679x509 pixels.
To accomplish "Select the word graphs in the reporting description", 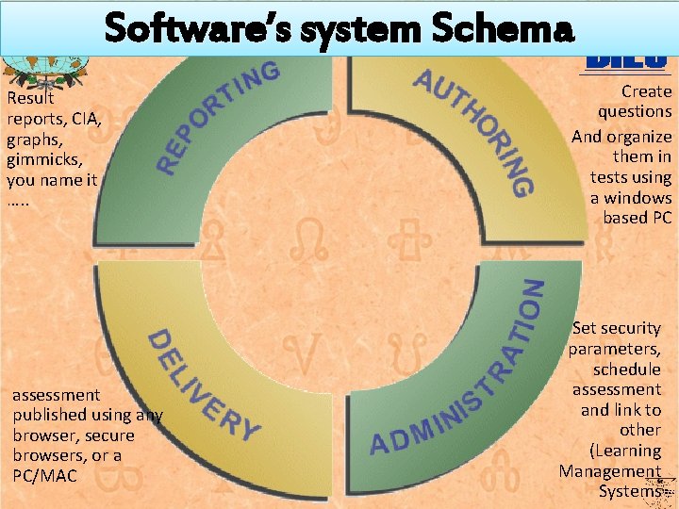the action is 33,139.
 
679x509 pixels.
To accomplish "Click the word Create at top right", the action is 646,91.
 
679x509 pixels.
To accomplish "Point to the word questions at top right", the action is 635,111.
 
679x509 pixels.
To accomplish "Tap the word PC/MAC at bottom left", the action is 45,476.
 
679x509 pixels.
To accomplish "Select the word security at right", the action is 631,328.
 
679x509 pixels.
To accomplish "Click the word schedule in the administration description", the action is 627,369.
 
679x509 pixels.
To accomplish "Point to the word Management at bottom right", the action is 610,470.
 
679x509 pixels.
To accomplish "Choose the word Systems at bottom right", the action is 628,491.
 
